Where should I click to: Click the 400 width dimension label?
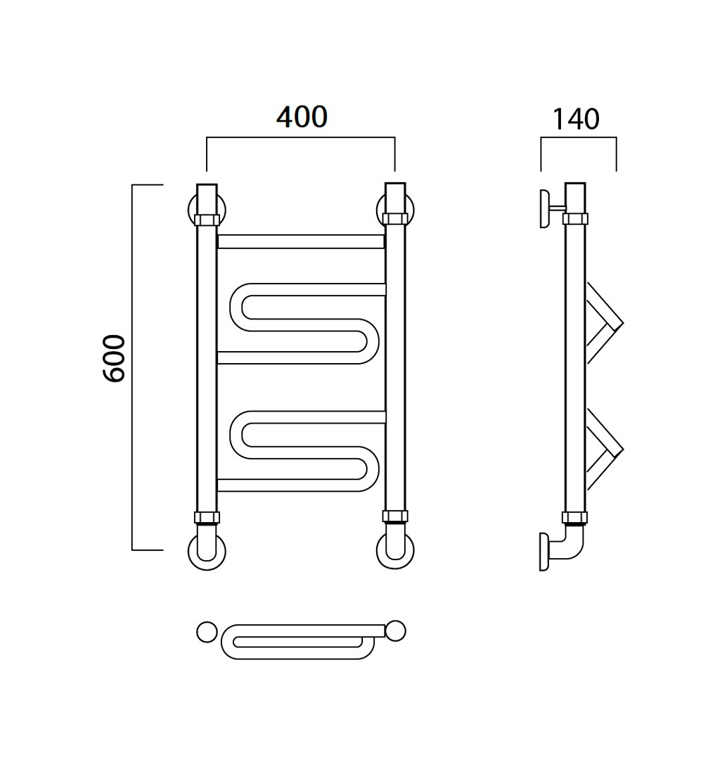(x=302, y=118)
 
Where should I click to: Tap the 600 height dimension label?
(x=115, y=358)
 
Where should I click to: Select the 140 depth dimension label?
(x=575, y=120)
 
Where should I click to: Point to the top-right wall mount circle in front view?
(x=380, y=210)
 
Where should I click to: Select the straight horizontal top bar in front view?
(x=301, y=241)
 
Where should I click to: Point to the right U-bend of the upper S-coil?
(x=372, y=341)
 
